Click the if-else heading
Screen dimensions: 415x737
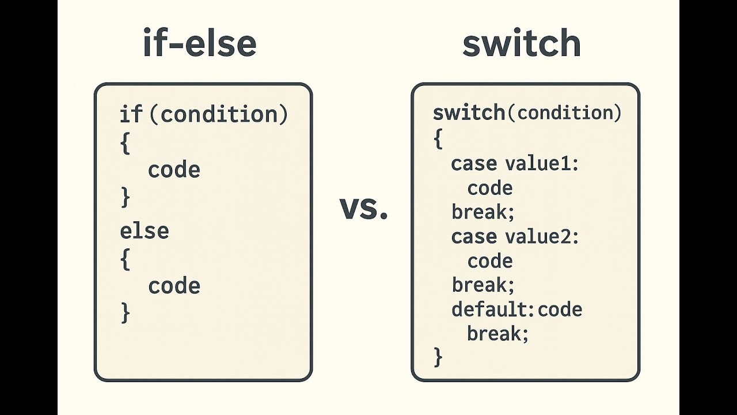click(199, 44)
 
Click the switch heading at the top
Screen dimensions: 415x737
click(522, 44)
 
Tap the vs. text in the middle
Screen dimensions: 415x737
click(364, 209)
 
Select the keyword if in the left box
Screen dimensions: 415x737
click(130, 114)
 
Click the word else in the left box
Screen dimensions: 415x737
click(144, 231)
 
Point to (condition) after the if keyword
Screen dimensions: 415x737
click(218, 114)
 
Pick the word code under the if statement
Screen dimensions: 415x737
click(174, 170)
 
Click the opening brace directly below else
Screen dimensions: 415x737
click(126, 260)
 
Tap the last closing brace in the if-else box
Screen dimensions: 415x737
click(126, 313)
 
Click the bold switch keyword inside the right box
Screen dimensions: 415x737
click(469, 113)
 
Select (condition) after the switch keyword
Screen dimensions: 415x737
click(564, 113)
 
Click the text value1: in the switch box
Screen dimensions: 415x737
click(541, 164)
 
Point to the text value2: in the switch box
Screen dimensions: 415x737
click(541, 237)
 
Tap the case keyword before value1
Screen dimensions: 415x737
click(474, 164)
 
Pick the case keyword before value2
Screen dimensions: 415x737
click(474, 237)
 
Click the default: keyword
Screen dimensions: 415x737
click(493, 310)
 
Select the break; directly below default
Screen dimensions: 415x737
click(497, 333)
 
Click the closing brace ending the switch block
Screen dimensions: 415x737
click(438, 357)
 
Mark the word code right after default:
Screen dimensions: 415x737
click(560, 310)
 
